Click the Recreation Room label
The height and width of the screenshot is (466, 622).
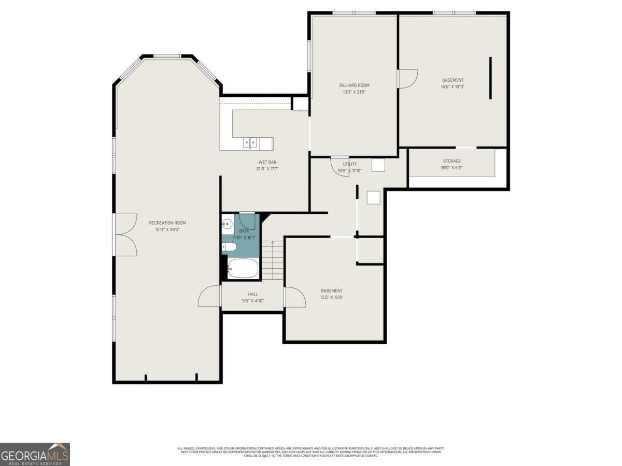[x=167, y=223]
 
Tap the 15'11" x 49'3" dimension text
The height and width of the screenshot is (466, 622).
[x=167, y=229]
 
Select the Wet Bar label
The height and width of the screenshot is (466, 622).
[x=267, y=162]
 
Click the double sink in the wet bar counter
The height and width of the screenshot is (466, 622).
[x=250, y=143]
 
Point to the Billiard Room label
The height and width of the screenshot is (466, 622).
[x=354, y=85]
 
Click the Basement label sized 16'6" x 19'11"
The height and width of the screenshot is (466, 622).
[x=453, y=80]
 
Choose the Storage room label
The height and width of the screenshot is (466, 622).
[x=451, y=161]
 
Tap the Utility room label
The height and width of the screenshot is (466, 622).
[x=349, y=164]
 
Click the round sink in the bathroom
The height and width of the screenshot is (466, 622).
[x=227, y=224]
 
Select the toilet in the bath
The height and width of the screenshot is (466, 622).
[x=229, y=248]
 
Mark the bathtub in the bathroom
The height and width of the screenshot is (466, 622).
[x=243, y=268]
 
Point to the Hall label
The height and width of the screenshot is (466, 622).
[x=252, y=294]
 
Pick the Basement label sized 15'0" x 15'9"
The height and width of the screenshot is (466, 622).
[x=331, y=290]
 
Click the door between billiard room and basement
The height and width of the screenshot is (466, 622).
[x=407, y=79]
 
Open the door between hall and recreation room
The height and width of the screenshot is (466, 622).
[x=210, y=296]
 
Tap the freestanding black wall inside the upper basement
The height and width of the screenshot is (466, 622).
[x=490, y=78]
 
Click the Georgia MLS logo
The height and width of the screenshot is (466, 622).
[x=35, y=454]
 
